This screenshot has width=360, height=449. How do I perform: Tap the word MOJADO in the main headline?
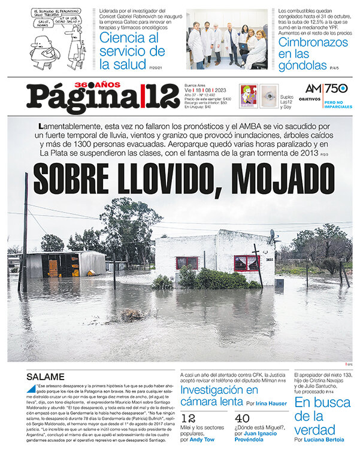[278, 178]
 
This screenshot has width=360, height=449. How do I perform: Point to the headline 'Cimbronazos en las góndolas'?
[309, 51]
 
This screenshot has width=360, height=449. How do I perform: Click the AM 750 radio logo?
[326, 89]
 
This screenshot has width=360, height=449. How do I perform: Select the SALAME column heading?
[46, 377]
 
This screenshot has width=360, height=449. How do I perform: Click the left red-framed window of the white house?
[187, 262]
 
